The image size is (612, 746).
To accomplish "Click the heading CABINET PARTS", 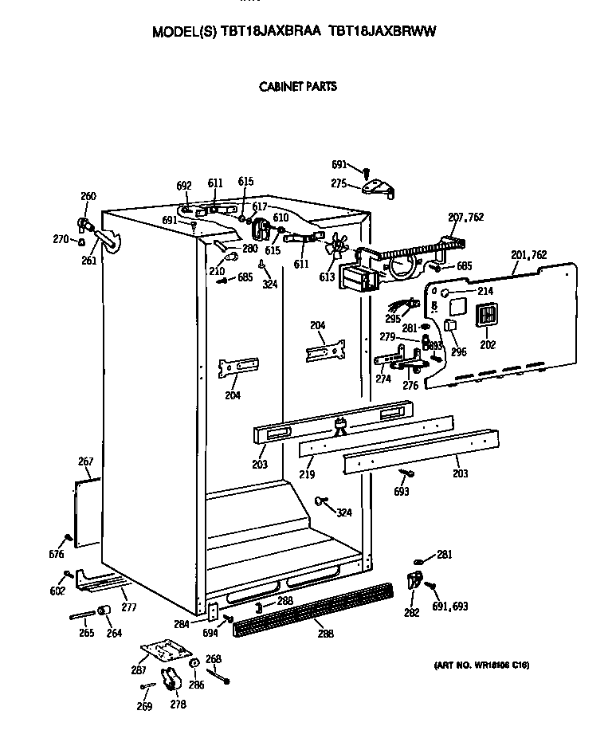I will pos(298,86).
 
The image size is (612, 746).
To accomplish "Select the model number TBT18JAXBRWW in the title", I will pos(382,33).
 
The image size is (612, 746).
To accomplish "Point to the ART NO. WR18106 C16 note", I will pos(481,665).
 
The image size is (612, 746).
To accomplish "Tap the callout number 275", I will pos(339,183).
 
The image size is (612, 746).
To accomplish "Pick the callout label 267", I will pos(85,461).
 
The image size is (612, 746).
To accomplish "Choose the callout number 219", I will pos(307,475).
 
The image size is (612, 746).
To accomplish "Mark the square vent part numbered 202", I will pos(487,316).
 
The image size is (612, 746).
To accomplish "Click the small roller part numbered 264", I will pos(104,611).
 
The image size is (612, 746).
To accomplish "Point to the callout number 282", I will pos(411,612).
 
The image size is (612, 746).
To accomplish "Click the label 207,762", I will pos(465,217).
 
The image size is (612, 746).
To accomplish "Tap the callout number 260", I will pos(88,197).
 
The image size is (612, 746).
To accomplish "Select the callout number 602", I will pos(57,591).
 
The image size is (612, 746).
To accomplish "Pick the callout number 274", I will pos(382,379).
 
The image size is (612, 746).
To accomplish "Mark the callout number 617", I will pos(260,207).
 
